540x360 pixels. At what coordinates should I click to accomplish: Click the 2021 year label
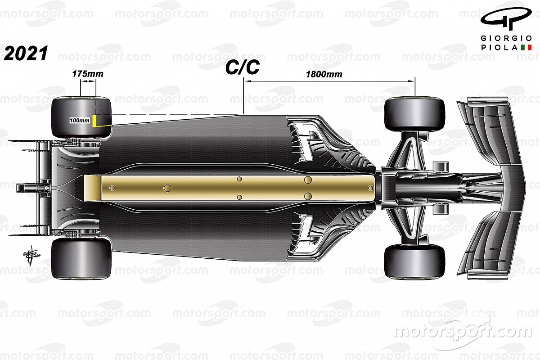26,54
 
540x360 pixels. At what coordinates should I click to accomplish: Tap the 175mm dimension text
88,74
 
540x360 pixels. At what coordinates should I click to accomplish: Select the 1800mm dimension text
324,74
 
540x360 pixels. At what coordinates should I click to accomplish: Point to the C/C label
243,67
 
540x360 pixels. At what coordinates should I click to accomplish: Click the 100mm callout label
80,120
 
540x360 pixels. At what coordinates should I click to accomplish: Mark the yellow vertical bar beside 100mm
94,121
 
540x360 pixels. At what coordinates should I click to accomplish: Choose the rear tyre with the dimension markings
81,117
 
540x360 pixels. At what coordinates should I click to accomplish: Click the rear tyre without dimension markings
81,259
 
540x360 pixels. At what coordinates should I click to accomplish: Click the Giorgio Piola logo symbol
506,19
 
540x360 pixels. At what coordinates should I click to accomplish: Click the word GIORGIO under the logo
506,38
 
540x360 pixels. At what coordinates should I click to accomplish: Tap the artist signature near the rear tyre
31,256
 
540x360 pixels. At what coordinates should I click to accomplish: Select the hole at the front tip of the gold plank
370,188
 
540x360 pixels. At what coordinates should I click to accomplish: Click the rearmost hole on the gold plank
112,188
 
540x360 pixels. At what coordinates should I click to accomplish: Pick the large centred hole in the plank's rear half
167,188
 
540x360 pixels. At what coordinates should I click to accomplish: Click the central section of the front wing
513,188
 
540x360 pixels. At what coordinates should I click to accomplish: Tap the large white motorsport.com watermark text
463,332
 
